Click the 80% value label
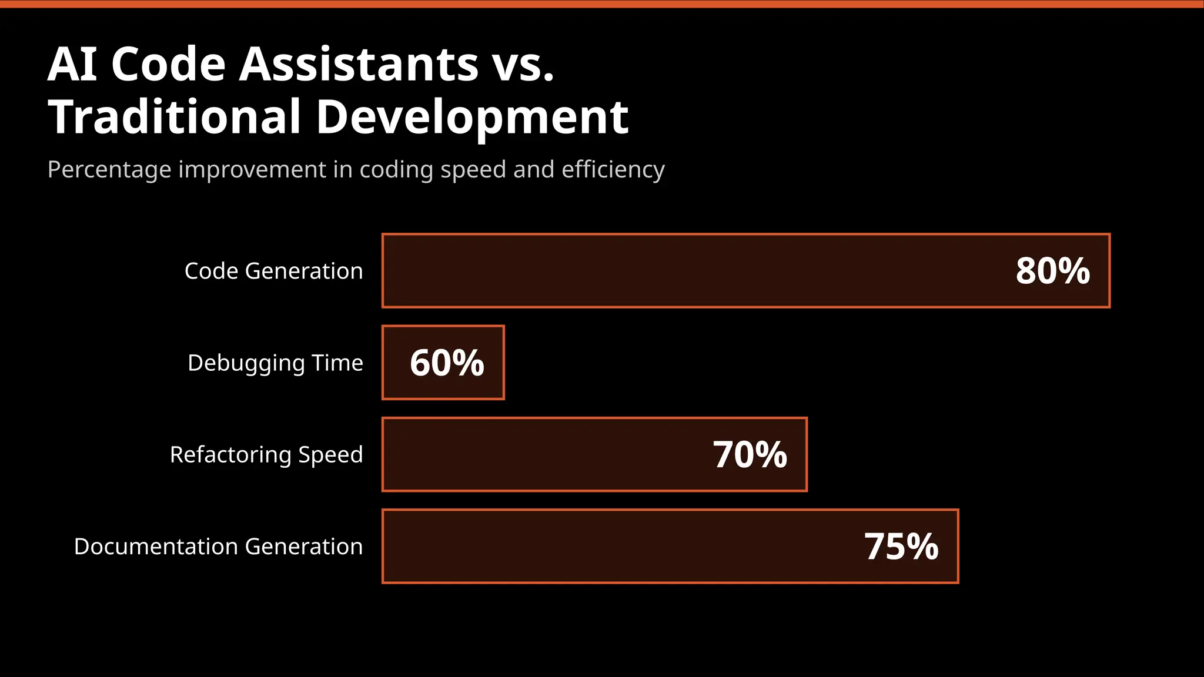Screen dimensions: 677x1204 pyautogui.click(x=1052, y=271)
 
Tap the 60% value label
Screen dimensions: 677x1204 pyautogui.click(x=447, y=363)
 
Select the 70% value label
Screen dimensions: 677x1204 pyautogui.click(x=750, y=454)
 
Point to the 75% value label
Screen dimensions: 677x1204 pyautogui.click(x=901, y=547)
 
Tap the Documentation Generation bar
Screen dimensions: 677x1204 pyautogui.click(x=617, y=547)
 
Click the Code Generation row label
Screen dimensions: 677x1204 pyautogui.click(x=273, y=271)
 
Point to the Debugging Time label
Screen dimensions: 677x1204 pyautogui.click(x=275, y=363)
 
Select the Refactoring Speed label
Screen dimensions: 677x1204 pyautogui.click(x=266, y=454)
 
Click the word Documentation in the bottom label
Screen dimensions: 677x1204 pyautogui.click(x=156, y=547)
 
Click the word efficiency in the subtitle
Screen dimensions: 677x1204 pyautogui.click(x=613, y=170)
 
